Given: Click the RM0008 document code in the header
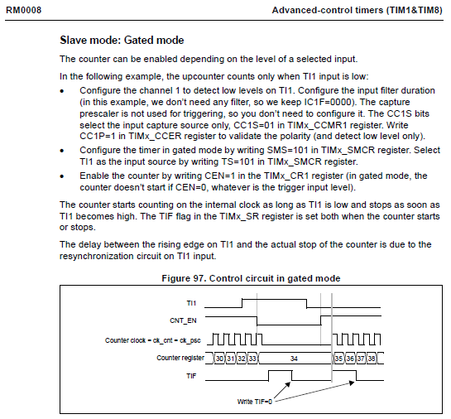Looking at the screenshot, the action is [24, 11].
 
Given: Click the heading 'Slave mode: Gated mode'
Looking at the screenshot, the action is [122, 40].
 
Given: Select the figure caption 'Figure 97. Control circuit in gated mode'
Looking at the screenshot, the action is [251, 278].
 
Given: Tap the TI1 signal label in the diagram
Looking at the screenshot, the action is [191, 303].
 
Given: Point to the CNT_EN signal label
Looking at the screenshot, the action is [183, 320].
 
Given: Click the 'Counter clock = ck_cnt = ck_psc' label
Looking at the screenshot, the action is [153, 340].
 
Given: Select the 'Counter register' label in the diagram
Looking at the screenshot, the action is [180, 358].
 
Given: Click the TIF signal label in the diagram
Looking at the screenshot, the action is [191, 376].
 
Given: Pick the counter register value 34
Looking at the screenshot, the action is [294, 359].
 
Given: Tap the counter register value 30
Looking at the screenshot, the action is [219, 359].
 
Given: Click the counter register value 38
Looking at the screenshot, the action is [372, 359].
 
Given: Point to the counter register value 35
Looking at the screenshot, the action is [338, 359].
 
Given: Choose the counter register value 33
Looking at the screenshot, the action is [252, 359].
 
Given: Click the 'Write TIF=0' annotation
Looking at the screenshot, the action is [255, 402].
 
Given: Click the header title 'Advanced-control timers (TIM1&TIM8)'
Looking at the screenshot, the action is [357, 11].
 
